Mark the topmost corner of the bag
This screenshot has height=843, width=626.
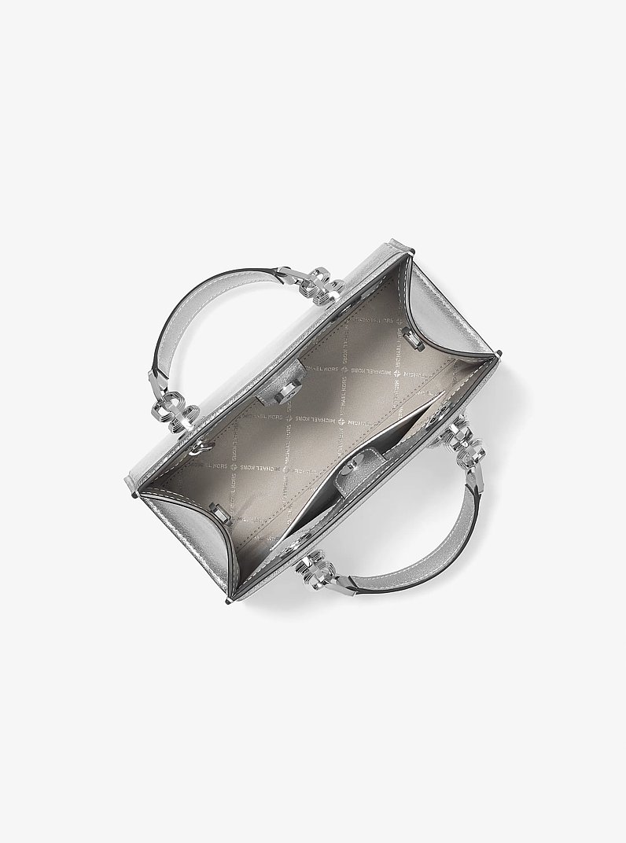[409, 246]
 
